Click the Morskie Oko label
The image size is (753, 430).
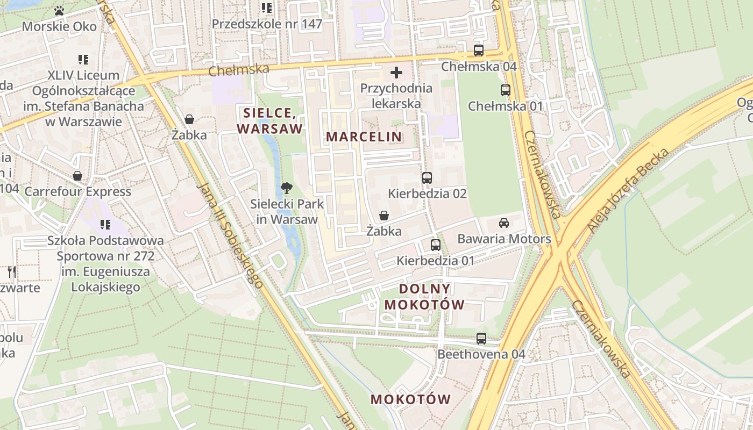pyautogui.click(x=59, y=26)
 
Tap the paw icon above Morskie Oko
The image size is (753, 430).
pyautogui.click(x=59, y=10)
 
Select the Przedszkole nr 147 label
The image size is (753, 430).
pyautogui.click(x=267, y=24)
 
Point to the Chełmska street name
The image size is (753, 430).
pyautogui.click(x=238, y=69)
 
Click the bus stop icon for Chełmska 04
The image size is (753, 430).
pyautogui.click(x=478, y=51)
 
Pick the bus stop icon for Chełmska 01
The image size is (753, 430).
pyautogui.click(x=505, y=90)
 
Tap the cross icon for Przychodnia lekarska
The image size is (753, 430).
pyautogui.click(x=396, y=73)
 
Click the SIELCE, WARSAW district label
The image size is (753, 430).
pyautogui.click(x=270, y=121)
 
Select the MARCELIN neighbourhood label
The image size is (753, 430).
pyautogui.click(x=364, y=137)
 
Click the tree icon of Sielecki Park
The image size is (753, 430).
pyautogui.click(x=287, y=188)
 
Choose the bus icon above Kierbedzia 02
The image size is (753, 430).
pyautogui.click(x=427, y=178)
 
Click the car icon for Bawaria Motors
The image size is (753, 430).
pyautogui.click(x=504, y=223)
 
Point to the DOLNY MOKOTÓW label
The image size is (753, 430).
pyautogui.click(x=424, y=297)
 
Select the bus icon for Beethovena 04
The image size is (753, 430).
pyautogui.click(x=481, y=339)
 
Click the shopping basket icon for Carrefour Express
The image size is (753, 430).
pyautogui.click(x=77, y=176)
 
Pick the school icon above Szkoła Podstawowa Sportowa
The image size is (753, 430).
pyautogui.click(x=105, y=224)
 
